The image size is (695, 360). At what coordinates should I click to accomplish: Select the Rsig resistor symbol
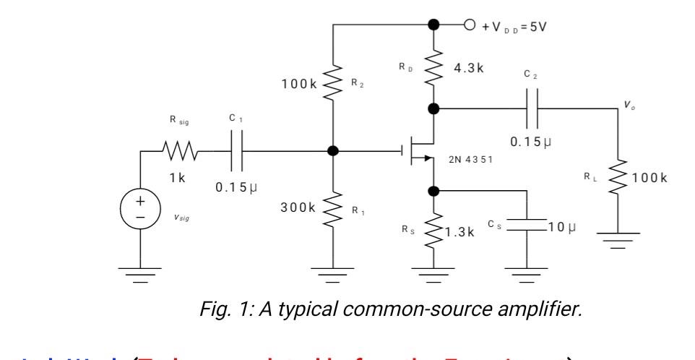(x=177, y=152)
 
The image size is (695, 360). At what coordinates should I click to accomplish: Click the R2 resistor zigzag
(x=333, y=83)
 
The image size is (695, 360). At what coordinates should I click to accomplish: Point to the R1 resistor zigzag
(x=333, y=208)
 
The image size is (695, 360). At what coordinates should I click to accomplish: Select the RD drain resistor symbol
(x=433, y=68)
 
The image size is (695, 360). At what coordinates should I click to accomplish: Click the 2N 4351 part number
(x=470, y=159)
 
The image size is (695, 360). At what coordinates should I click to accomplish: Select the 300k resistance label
(x=298, y=207)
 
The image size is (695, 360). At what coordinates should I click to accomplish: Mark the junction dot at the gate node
(x=333, y=151)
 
